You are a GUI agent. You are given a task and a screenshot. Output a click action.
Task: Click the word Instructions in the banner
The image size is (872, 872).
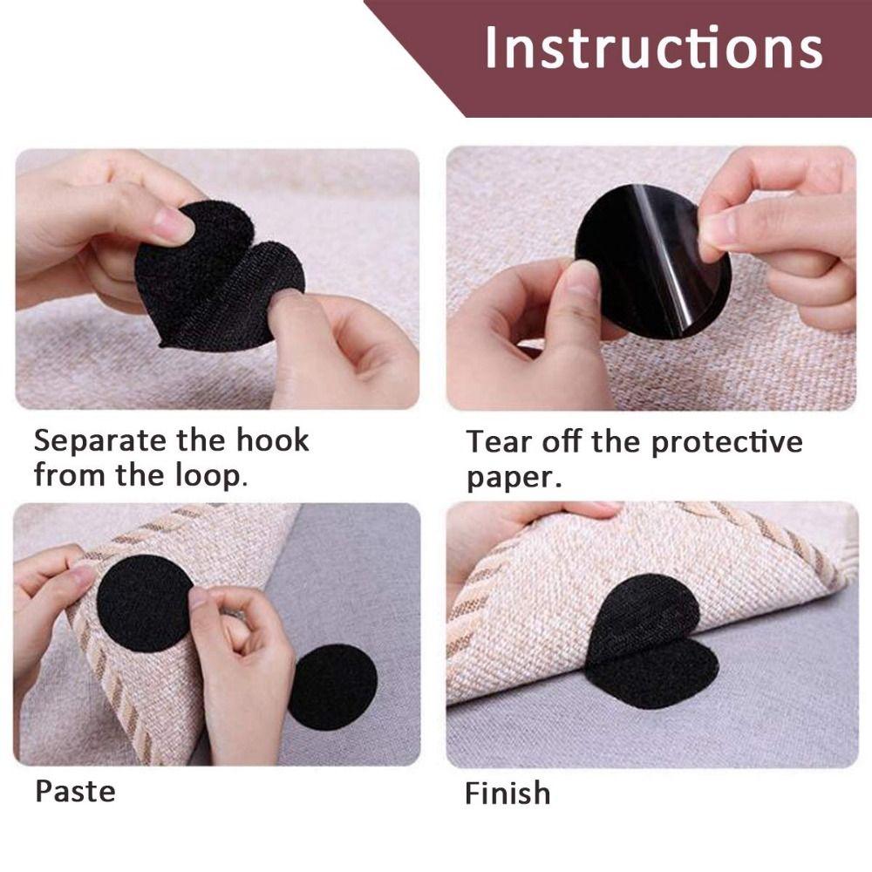point(653,48)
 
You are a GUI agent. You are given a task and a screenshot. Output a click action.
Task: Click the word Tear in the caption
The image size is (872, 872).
point(496,442)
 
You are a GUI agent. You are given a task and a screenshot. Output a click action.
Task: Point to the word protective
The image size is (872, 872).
point(726,442)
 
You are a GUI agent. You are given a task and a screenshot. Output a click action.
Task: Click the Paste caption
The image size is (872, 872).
point(75,792)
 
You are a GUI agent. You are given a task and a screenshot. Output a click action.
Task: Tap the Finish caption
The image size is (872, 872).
point(508,794)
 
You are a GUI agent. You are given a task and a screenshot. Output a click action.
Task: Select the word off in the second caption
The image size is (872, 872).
point(561,442)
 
